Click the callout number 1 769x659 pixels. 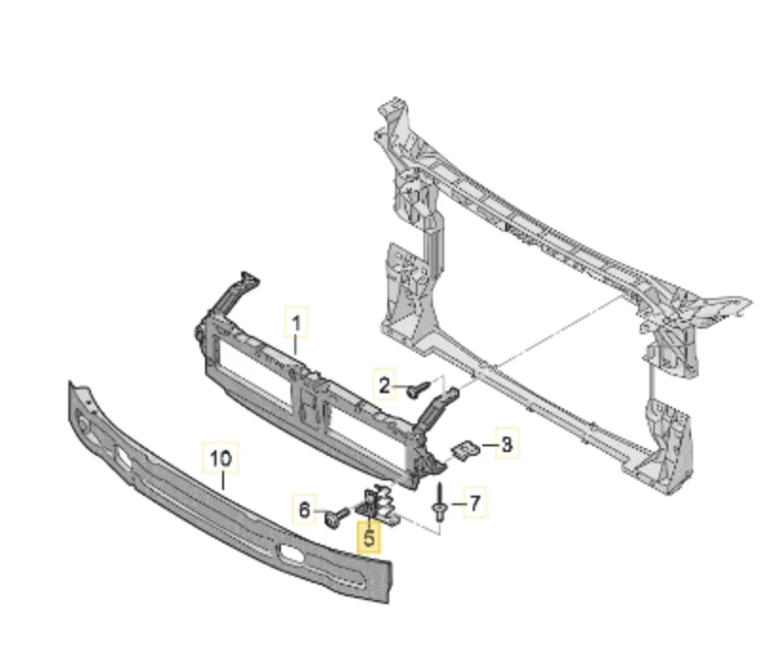tap(296, 324)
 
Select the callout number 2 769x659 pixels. tap(384, 386)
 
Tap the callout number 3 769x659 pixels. tap(507, 444)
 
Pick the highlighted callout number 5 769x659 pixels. tap(369, 537)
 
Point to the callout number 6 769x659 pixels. tap(305, 510)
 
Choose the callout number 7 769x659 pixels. tap(475, 503)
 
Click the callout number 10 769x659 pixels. tap(220, 459)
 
